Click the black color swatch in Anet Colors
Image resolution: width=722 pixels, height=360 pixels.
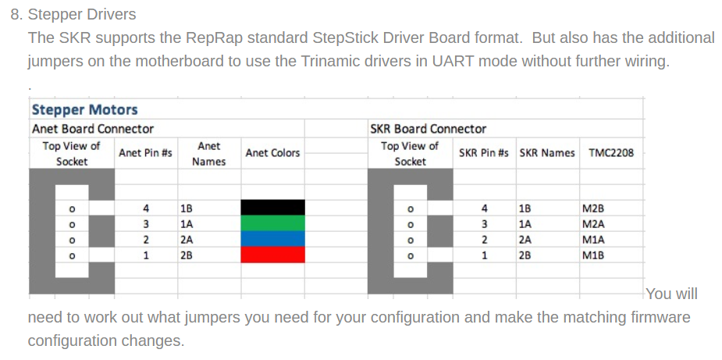[272, 208]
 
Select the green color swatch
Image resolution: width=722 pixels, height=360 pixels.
[272, 223]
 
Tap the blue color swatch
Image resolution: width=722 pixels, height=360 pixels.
[272, 239]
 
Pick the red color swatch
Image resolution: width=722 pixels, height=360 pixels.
[272, 255]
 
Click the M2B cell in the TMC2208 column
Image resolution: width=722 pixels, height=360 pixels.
[592, 209]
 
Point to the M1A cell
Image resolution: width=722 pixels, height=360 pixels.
[593, 240]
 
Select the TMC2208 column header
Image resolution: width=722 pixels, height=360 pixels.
[611, 152]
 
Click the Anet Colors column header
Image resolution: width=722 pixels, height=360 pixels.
[272, 152]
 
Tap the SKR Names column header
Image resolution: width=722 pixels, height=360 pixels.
[547, 152]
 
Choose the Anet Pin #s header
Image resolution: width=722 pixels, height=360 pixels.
[145, 152]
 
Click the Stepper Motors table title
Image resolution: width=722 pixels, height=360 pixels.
[85, 109]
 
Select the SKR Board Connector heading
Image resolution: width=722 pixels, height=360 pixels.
[429, 129]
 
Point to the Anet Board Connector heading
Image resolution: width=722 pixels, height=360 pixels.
[93, 129]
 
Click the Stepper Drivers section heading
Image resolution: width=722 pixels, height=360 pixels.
[82, 14]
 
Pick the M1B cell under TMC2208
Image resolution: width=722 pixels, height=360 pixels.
[593, 255]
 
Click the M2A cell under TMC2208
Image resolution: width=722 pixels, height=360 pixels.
[593, 224]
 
